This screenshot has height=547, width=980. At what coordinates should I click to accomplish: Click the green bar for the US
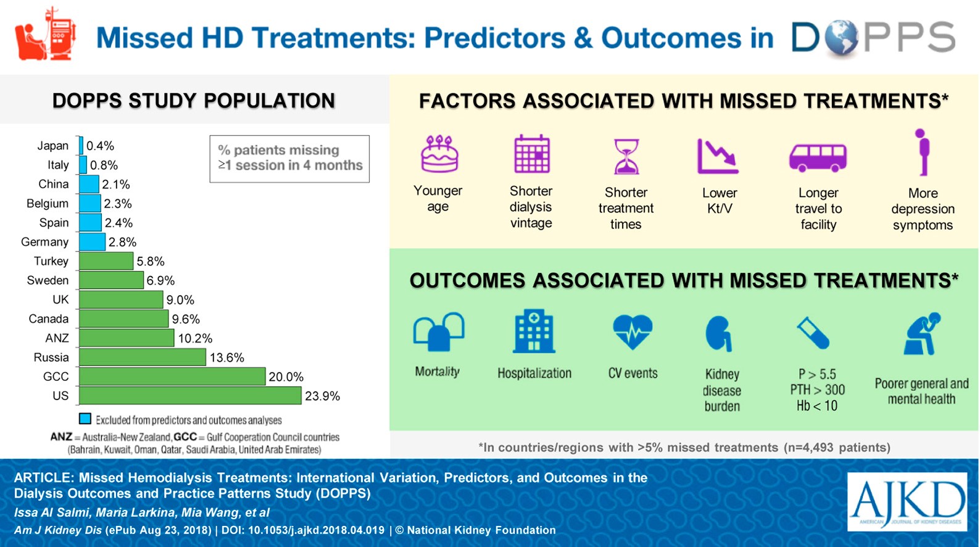pyautogui.click(x=190, y=396)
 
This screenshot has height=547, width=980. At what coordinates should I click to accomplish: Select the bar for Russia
pyautogui.click(x=143, y=357)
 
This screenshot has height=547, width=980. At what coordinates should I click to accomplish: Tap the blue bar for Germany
pyautogui.click(x=93, y=242)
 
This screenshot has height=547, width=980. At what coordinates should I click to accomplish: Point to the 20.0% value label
pyautogui.click(x=286, y=377)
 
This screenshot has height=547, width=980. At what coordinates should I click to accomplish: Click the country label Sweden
pyautogui.click(x=48, y=280)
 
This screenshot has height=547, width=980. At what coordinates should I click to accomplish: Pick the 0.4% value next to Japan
pyautogui.click(x=100, y=146)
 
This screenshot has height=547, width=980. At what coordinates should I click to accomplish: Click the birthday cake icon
pyautogui.click(x=439, y=154)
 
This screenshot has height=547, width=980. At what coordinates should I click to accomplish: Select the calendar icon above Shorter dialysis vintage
pyautogui.click(x=531, y=154)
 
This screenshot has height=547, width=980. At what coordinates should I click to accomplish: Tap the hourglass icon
pyautogui.click(x=626, y=156)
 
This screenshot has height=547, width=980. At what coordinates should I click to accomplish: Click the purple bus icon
pyautogui.click(x=818, y=157)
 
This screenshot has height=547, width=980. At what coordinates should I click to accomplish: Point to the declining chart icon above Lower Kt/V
pyautogui.click(x=718, y=156)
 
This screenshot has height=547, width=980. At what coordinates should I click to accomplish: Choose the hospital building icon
pyautogui.click(x=534, y=332)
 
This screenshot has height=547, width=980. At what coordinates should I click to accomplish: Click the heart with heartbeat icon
pyautogui.click(x=633, y=332)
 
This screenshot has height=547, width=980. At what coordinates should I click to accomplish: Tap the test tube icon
pyautogui.click(x=813, y=333)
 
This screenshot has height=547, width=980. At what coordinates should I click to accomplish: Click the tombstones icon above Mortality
pyautogui.click(x=438, y=333)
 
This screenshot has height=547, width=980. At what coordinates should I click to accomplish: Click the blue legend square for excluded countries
pyautogui.click(x=85, y=419)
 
